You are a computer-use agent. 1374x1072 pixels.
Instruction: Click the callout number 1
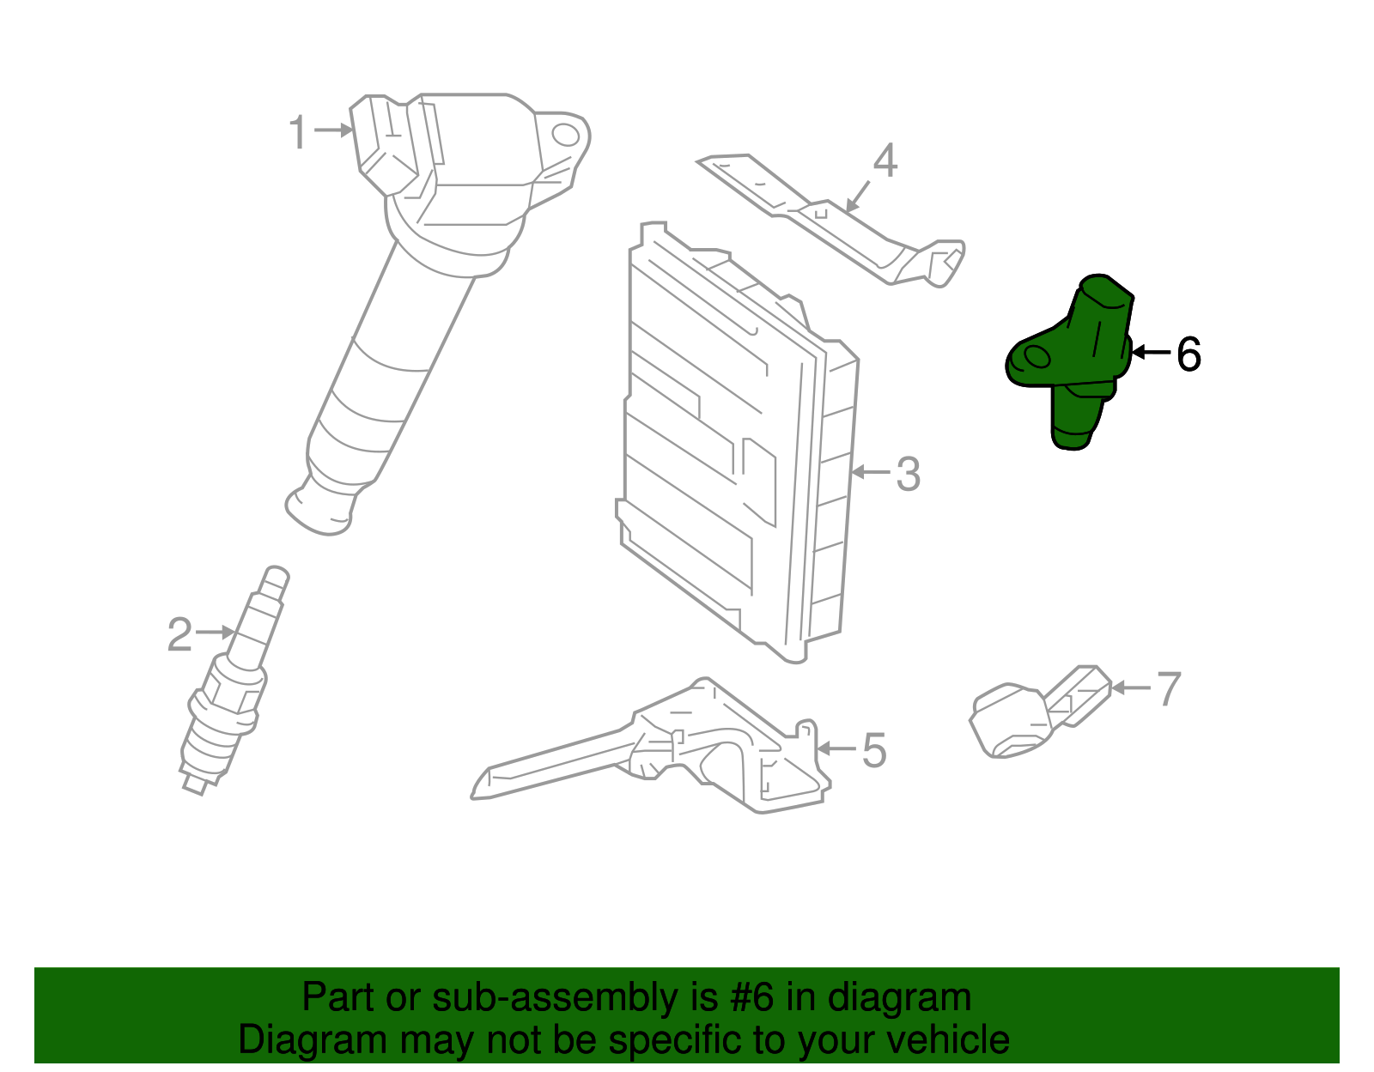click(x=297, y=133)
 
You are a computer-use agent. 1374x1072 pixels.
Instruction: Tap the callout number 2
click(x=179, y=635)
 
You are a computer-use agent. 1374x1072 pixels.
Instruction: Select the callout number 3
click(x=908, y=475)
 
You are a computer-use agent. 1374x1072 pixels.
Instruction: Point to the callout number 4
click(x=885, y=161)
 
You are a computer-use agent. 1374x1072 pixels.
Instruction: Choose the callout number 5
click(x=873, y=751)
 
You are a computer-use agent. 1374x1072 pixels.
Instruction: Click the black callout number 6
click(x=1188, y=354)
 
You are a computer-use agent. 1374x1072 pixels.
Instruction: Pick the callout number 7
click(x=1169, y=688)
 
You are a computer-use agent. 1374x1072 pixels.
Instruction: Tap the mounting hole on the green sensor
click(x=1037, y=358)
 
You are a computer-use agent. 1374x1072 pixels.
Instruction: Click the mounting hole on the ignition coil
click(x=565, y=134)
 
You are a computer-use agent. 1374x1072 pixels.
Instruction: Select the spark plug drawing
click(x=230, y=687)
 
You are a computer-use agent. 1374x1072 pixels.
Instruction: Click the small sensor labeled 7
click(x=1030, y=717)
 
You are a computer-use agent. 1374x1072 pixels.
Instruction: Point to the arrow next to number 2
click(x=215, y=633)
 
